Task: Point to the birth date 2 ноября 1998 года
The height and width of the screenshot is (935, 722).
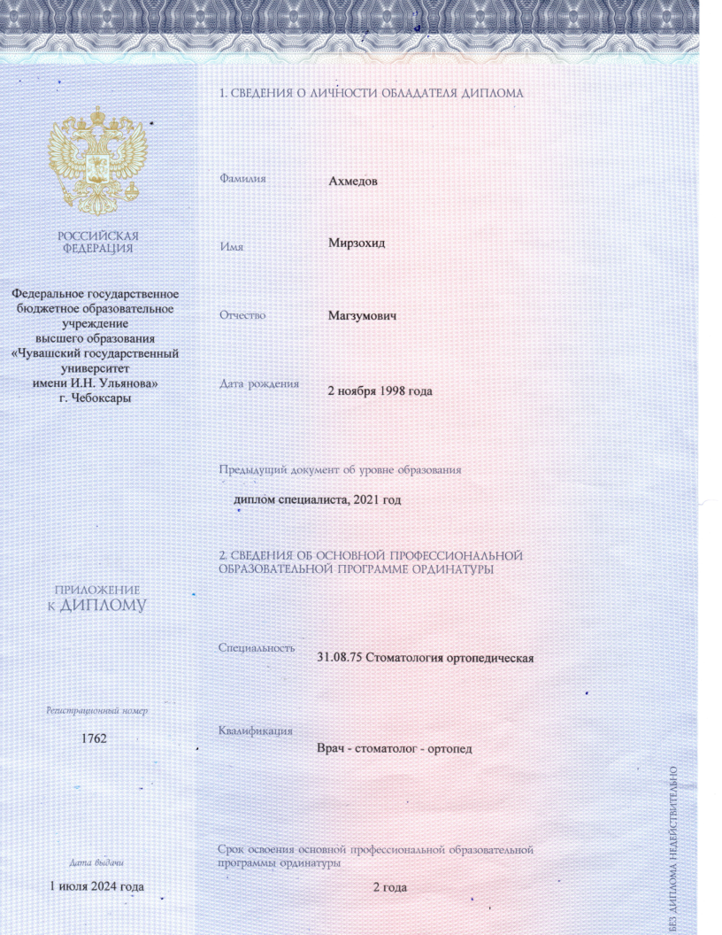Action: (x=380, y=390)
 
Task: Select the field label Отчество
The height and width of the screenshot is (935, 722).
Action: (x=242, y=314)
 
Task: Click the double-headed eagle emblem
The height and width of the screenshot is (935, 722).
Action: (x=97, y=159)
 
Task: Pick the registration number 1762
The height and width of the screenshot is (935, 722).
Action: (x=94, y=738)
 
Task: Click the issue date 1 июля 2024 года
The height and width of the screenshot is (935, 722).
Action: (x=96, y=886)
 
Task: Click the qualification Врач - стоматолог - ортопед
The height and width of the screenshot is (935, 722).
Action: (x=395, y=748)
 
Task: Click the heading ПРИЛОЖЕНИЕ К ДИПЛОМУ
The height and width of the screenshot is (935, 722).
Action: (x=97, y=599)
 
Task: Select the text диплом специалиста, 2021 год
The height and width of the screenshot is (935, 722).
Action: (x=317, y=500)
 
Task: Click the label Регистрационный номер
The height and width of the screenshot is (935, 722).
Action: (x=97, y=710)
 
